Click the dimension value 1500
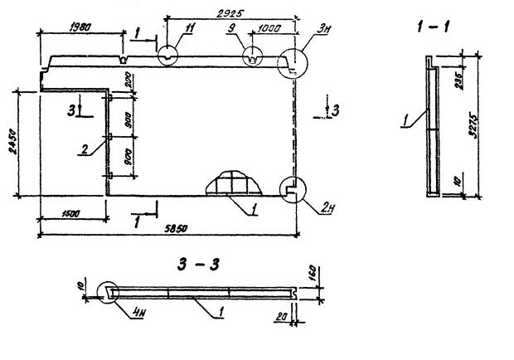pos(70,214)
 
